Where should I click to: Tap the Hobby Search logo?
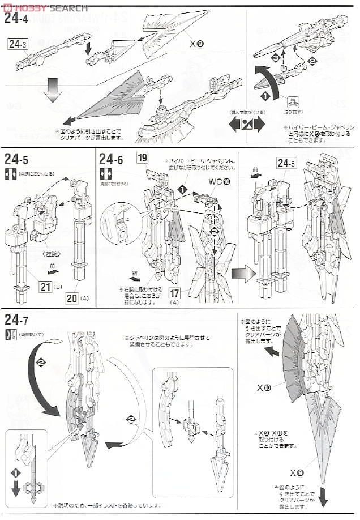(x=45, y=7)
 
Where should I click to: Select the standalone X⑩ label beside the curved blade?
(x=264, y=388)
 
